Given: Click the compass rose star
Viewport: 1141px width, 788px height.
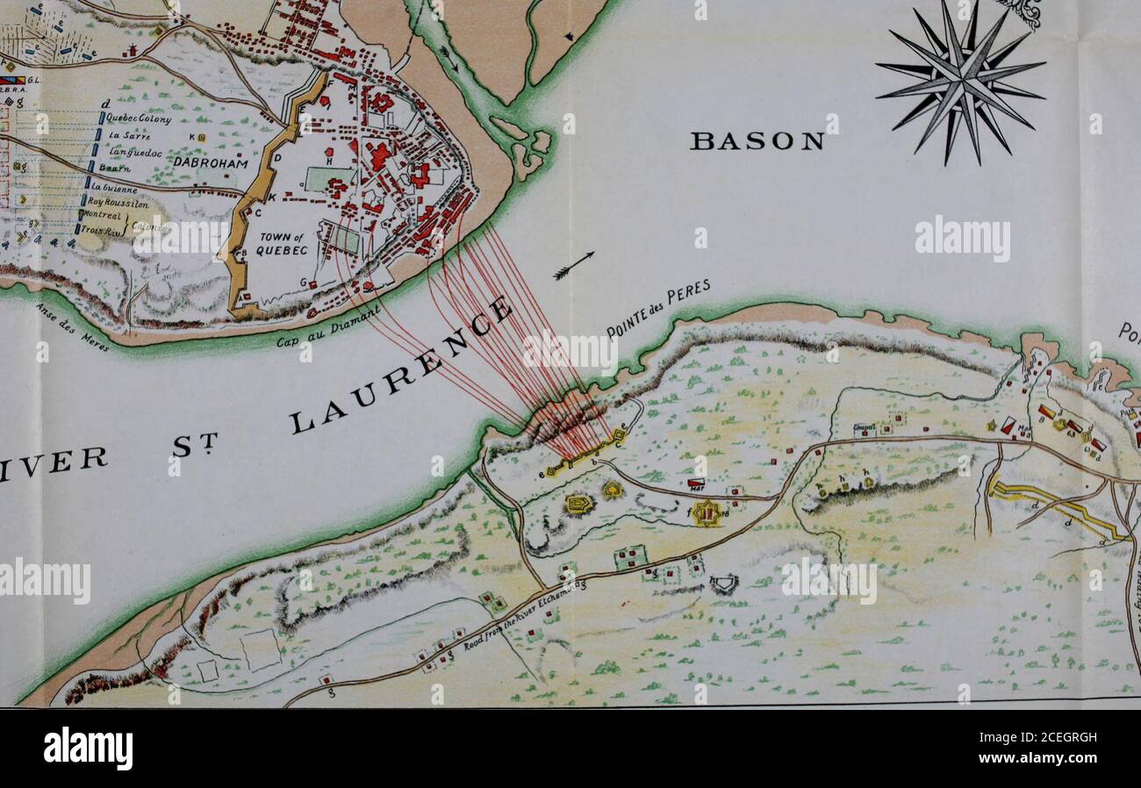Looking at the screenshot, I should click(959, 80).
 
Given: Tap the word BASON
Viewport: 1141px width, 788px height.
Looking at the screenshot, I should click(757, 141).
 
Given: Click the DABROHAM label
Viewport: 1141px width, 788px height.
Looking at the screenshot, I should click(211, 163).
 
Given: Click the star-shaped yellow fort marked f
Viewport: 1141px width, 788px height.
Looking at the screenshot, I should click(707, 512).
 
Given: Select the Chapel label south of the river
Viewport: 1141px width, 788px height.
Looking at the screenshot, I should click(864, 429).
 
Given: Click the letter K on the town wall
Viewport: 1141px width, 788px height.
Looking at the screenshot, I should click(272, 198).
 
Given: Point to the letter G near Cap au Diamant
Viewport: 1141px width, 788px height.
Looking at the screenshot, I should click(303, 282).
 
